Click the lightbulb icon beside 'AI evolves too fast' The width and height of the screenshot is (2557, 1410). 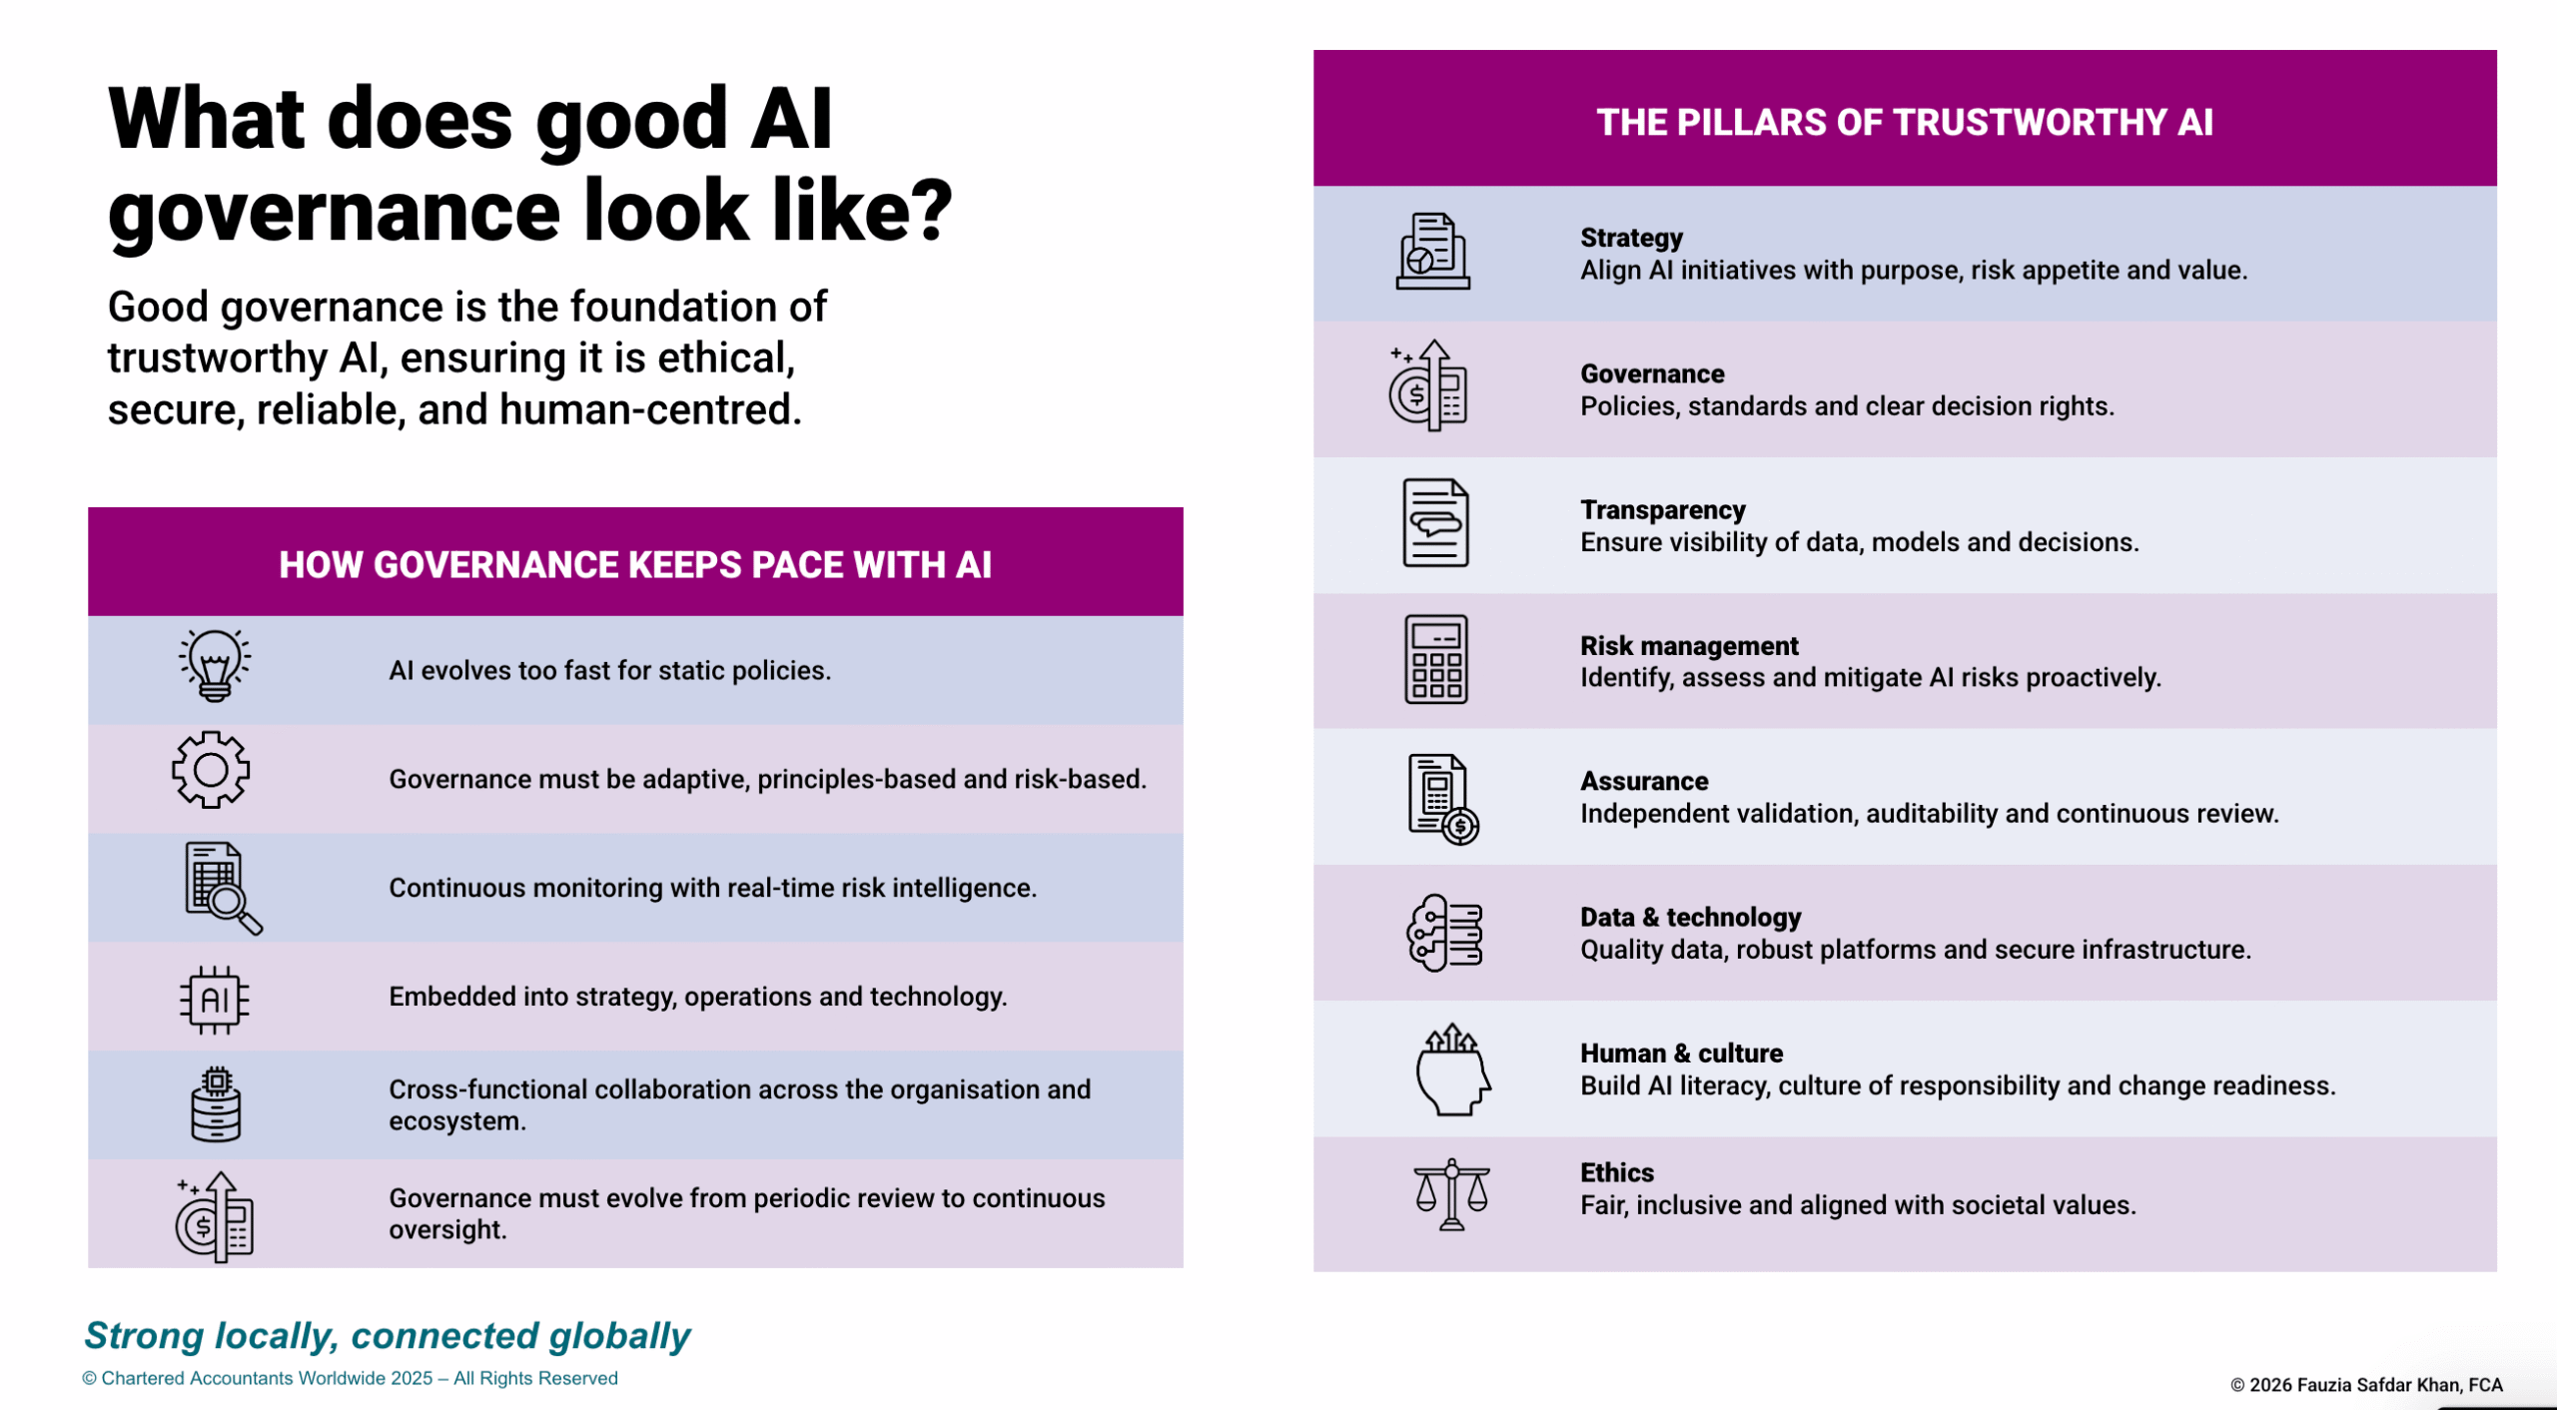tap(215, 665)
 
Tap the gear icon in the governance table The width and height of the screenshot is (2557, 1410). tap(211, 770)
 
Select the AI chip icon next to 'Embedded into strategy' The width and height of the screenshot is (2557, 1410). tap(215, 1000)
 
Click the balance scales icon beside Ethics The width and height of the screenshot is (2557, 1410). tap(1451, 1194)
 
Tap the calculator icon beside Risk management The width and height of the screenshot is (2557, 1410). tap(1436, 659)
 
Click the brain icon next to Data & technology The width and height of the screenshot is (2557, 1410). tap(1444, 933)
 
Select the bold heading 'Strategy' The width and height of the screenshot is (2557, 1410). tap(1631, 238)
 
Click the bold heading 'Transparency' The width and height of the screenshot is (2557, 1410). tap(1663, 509)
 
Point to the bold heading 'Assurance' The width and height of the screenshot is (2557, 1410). tap(1644, 781)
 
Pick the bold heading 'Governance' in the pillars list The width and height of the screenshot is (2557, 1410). tap(1652, 373)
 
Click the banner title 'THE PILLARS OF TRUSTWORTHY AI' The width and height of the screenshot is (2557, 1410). tap(1905, 122)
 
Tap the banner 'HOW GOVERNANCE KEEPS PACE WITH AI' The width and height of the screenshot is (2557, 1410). tap(635, 564)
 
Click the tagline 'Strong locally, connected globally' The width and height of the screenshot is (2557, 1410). tap(388, 1336)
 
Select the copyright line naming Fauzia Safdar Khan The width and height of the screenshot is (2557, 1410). tap(2366, 1385)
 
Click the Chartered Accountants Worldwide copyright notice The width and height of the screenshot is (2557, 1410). tap(350, 1378)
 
